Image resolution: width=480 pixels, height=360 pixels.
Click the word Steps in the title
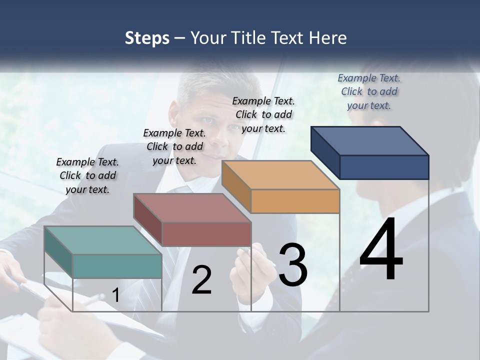[147, 38]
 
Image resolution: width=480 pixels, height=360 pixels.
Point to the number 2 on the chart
[201, 280]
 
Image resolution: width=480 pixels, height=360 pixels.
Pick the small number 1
[115, 295]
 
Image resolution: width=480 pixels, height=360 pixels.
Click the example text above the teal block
[87, 175]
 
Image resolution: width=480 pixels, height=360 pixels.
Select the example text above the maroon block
[174, 146]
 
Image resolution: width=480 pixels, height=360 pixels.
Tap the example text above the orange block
[263, 114]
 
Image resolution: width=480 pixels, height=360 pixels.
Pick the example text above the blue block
[369, 91]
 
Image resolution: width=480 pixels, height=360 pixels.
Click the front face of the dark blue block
[384, 167]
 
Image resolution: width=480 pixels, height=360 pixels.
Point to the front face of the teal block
[117, 266]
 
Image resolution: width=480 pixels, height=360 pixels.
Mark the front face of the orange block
[295, 201]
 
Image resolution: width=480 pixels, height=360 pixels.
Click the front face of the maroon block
[206, 234]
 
